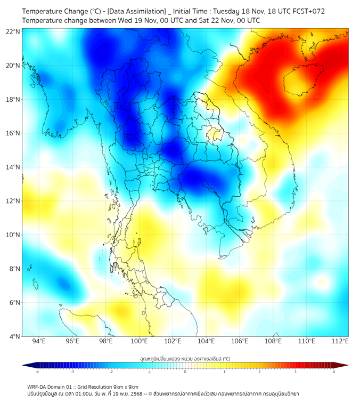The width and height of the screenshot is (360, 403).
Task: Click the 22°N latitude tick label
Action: tap(13, 31)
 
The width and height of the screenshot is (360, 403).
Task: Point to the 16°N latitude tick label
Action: tap(13, 133)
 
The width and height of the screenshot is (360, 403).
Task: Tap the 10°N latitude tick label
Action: tap(13, 235)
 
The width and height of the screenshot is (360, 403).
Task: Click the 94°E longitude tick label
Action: tap(39, 341)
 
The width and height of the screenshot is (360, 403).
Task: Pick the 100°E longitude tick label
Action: tap(140, 341)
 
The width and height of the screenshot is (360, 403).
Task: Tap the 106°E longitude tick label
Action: tap(240, 341)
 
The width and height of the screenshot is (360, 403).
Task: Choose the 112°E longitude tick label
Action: tap(340, 341)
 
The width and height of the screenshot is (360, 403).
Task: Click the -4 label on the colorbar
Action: tap(37, 372)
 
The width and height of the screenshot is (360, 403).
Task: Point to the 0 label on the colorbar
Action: tap(185, 372)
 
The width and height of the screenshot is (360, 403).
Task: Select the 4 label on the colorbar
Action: tap(334, 372)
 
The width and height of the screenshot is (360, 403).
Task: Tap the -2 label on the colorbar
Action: tap(111, 372)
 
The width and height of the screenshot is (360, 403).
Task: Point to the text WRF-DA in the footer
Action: tap(39, 386)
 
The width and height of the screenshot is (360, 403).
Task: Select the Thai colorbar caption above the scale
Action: tap(185, 358)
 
